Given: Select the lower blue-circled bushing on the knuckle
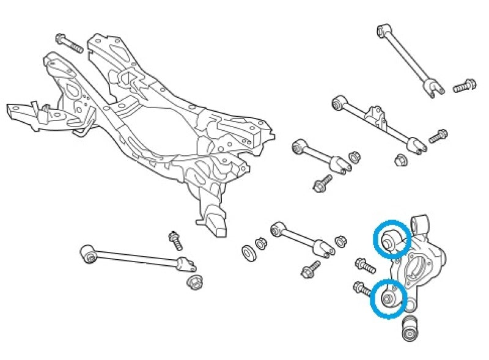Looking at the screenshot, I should point(389,298).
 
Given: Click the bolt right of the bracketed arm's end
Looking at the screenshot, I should point(438,136).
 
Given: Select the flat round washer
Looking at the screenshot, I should point(248,251).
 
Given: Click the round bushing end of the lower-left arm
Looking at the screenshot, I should point(89,254).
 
